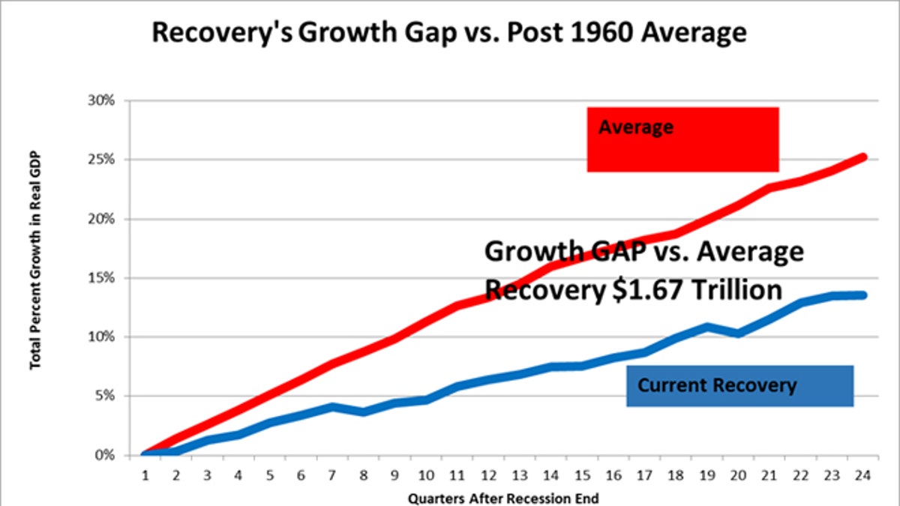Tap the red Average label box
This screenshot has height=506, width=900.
(682, 139)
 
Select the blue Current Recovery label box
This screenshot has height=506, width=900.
(739, 386)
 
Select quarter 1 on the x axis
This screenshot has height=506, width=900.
(145, 475)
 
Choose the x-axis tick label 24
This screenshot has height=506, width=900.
(862, 475)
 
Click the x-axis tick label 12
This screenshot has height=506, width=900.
(488, 475)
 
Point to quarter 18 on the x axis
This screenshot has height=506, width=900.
(676, 475)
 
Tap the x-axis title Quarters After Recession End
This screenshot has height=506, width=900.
(503, 497)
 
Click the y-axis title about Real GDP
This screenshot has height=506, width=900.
(34, 260)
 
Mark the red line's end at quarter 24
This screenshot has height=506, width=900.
(863, 157)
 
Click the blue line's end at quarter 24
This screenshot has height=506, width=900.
(863, 295)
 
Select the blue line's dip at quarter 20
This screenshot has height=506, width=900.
(738, 333)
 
